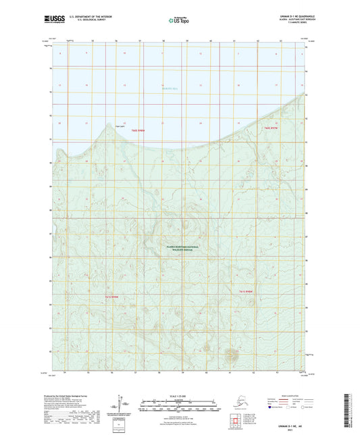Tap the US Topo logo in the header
pos(179,22)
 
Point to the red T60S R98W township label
pos(138,132)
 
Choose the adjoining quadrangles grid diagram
pos(271,420)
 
